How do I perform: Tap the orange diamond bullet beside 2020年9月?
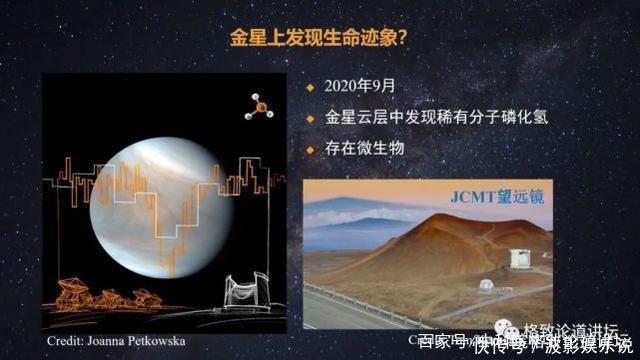pos(311,87)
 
